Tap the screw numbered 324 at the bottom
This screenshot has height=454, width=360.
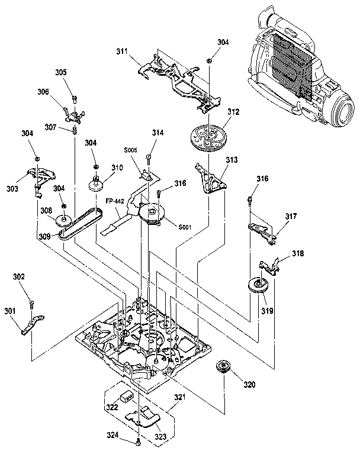[x=138, y=441]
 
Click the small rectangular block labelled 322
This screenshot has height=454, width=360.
[x=127, y=395]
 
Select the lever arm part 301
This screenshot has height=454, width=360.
[x=31, y=325]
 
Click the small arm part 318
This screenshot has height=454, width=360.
[x=272, y=265]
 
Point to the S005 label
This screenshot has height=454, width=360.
[x=131, y=151]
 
